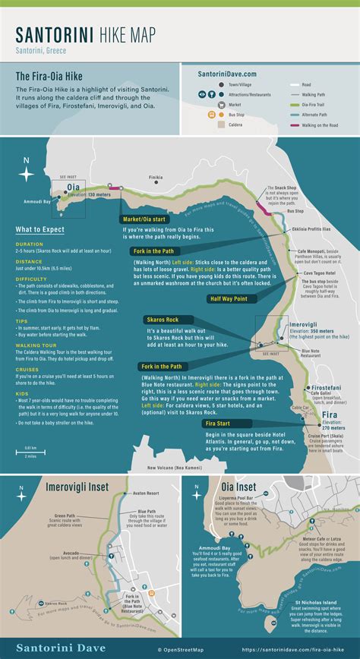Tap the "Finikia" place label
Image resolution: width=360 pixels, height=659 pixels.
pyautogui.click(x=156, y=178)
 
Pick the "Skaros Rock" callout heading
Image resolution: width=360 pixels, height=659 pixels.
pyautogui.click(x=163, y=320)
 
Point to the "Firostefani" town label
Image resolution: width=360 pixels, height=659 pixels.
pyautogui.click(x=326, y=387)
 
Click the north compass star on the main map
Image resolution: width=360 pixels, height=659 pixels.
pyautogui.click(x=27, y=174)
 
